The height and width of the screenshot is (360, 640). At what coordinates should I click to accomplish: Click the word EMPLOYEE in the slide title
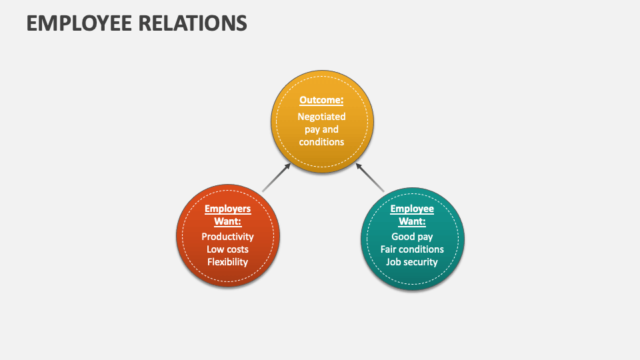[x=79, y=23]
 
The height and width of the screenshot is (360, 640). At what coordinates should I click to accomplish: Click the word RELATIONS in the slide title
[x=193, y=23]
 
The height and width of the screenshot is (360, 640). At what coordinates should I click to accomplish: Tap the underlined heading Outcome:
[x=321, y=100]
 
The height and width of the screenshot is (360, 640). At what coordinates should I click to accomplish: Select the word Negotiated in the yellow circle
[x=321, y=117]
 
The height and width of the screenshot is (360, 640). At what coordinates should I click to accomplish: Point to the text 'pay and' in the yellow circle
[x=321, y=130]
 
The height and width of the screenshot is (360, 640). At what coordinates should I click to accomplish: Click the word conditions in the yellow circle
[x=321, y=142]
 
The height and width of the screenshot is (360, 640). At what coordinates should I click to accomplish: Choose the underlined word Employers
[x=228, y=209]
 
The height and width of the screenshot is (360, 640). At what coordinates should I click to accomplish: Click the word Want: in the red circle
[x=228, y=221]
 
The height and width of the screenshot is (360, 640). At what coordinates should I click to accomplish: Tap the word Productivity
[x=228, y=237]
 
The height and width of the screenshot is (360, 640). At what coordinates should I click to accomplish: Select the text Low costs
[x=228, y=249]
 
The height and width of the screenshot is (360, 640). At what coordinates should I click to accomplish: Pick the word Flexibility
[x=228, y=262]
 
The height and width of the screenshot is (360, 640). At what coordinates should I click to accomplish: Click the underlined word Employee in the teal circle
[x=412, y=209]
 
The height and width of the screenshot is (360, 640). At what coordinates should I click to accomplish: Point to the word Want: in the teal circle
[x=412, y=221]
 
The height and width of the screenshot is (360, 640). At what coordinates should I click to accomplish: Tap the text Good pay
[x=412, y=237]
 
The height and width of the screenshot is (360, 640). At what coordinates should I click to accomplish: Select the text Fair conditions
[x=412, y=249]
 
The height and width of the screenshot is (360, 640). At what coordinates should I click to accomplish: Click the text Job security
[x=412, y=262]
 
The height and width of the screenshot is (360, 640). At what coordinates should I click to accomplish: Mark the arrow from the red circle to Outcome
[x=276, y=177]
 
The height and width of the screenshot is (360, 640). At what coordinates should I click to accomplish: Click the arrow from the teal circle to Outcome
[x=370, y=177]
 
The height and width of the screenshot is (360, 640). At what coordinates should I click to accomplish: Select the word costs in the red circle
[x=237, y=250]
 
